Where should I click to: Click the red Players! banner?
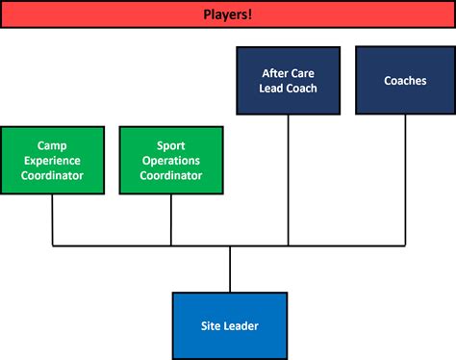96,14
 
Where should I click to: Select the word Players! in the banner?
229,14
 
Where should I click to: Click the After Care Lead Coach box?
288,81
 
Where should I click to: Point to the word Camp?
52,146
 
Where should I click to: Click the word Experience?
52,161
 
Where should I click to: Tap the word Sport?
171,146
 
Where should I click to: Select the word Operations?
171,161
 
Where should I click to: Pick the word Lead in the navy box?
273,89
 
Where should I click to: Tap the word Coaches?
404,81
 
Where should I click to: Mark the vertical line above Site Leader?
230,270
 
